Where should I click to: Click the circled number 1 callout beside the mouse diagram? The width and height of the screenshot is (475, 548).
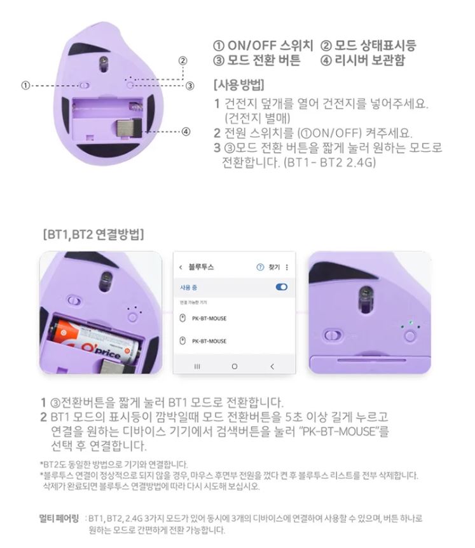pyautogui.click(x=25, y=85)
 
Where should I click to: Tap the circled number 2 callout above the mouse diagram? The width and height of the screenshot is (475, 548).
pyautogui.click(x=182, y=60)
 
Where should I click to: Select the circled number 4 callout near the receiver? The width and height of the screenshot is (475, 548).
pyautogui.click(x=186, y=131)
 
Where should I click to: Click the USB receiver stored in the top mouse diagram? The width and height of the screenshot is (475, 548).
pyautogui.click(x=128, y=128)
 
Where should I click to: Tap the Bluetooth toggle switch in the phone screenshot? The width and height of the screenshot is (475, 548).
pyautogui.click(x=282, y=287)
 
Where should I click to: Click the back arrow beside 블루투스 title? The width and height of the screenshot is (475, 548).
pyautogui.click(x=181, y=267)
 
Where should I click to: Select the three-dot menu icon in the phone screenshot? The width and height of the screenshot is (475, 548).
pyautogui.click(x=287, y=267)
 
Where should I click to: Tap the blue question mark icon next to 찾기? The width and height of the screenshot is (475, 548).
pyautogui.click(x=260, y=267)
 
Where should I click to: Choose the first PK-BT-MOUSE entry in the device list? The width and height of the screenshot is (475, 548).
pyautogui.click(x=209, y=318)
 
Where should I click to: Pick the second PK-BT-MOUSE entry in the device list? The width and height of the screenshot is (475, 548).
pyautogui.click(x=209, y=341)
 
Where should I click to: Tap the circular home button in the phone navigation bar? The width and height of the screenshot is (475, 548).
pyautogui.click(x=235, y=366)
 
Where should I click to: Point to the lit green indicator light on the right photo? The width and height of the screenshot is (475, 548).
pyautogui.click(x=411, y=323)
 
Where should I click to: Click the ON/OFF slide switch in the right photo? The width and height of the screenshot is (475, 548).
pyautogui.click(x=332, y=335)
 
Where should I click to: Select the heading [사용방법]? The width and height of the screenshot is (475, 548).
pyautogui.click(x=238, y=84)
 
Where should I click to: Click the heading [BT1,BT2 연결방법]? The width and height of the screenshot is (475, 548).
pyautogui.click(x=93, y=234)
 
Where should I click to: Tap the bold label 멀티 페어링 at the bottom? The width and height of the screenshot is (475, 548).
pyautogui.click(x=59, y=518)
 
